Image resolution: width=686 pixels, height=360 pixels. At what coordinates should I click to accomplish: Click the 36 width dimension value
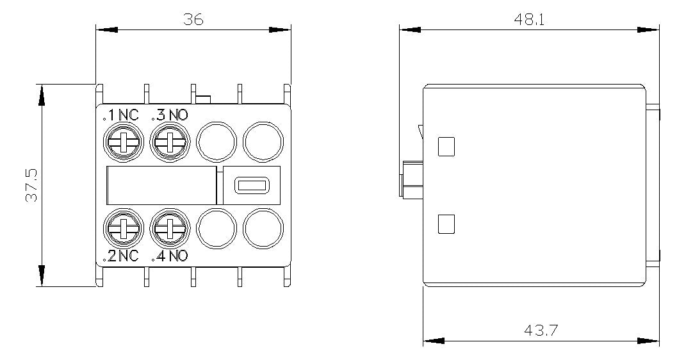click(x=193, y=20)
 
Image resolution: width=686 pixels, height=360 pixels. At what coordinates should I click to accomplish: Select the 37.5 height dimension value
click(x=31, y=185)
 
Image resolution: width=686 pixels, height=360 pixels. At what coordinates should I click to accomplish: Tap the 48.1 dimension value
click(x=529, y=20)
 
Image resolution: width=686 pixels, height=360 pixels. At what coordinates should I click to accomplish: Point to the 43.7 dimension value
click(x=541, y=330)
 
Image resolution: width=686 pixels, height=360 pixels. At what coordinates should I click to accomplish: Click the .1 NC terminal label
click(x=121, y=115)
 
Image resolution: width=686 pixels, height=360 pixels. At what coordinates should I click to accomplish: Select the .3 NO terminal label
click(x=169, y=115)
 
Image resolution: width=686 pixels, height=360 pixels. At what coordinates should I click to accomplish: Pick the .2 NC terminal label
click(x=121, y=256)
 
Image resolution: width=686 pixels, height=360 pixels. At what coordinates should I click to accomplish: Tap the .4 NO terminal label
click(x=169, y=256)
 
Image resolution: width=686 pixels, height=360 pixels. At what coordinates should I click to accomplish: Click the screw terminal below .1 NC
click(x=124, y=142)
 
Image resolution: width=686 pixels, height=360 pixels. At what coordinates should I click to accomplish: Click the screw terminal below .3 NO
click(x=170, y=142)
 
